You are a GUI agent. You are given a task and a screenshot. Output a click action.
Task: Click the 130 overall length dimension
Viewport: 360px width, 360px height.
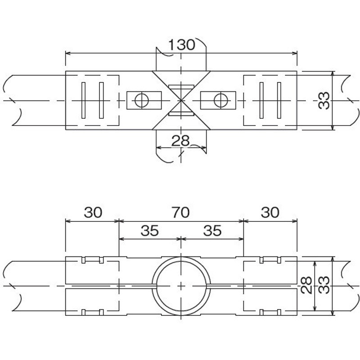[182, 45]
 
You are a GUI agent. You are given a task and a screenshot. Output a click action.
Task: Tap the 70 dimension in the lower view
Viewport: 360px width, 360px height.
[181, 212]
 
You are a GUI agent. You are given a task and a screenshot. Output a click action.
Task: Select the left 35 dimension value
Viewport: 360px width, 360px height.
[150, 230]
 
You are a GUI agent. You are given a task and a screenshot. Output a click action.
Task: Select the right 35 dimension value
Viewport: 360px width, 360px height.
[212, 230]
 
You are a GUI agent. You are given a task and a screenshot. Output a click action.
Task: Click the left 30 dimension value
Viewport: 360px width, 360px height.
[93, 212]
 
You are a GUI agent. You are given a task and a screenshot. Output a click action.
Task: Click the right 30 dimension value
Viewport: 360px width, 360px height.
[270, 212]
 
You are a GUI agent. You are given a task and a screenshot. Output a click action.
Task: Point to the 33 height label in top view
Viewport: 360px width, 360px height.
[324, 100]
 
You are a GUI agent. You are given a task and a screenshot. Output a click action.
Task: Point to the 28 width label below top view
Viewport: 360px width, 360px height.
[180, 141]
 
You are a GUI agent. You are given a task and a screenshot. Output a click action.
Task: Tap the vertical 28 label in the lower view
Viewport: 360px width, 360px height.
[306, 285]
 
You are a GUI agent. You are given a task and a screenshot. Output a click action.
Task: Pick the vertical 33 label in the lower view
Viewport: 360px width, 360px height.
[324, 285]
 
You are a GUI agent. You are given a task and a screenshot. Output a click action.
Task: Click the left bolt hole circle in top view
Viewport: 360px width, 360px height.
[142, 100]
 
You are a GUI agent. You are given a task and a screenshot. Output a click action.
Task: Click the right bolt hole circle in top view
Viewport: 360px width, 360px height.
[221, 100]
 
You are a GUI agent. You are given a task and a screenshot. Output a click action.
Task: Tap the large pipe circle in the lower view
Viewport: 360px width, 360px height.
[181, 257]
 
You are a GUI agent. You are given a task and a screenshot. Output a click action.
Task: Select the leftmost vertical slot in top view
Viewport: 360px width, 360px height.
[83, 100]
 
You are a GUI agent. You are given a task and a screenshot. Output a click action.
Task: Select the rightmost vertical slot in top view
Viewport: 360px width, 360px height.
[279, 100]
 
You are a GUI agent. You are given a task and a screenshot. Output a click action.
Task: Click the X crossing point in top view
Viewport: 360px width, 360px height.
[181, 100]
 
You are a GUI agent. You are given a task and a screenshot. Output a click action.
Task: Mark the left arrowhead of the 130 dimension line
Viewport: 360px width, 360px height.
[68, 53]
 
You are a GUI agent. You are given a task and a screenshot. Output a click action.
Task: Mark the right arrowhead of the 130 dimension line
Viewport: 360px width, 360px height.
[295, 53]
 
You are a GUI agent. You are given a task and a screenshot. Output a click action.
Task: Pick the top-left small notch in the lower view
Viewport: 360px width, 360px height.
[84, 260]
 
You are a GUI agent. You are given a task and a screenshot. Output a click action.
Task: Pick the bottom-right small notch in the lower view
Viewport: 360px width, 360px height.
[279, 312]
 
